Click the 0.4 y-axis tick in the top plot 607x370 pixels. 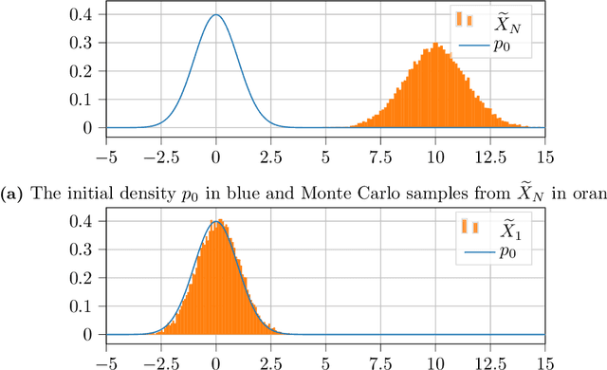coord(84,15)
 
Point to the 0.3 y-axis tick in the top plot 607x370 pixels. coord(84,44)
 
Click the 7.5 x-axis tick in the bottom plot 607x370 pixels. coord(380,361)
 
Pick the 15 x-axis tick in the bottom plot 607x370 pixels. coord(544,361)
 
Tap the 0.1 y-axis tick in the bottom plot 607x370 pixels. coord(84,307)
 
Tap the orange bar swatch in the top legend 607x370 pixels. coord(465,19)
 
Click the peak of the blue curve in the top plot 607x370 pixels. coord(216,15)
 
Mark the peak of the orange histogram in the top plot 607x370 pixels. coord(435,44)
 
